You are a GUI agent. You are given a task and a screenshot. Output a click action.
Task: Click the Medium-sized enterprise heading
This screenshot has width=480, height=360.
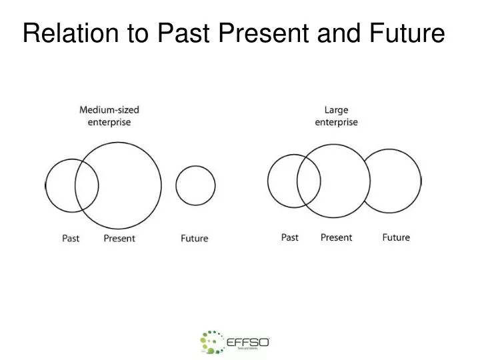pyautogui.click(x=109, y=115)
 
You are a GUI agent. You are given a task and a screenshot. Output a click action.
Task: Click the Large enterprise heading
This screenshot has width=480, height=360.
pyautogui.click(x=336, y=116)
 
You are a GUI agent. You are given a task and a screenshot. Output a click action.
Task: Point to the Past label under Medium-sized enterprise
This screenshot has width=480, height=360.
pyautogui.click(x=71, y=238)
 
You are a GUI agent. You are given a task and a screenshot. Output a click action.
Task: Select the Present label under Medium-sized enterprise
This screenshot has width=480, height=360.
pyautogui.click(x=119, y=238)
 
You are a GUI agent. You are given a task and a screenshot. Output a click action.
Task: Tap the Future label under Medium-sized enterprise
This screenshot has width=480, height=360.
pyautogui.click(x=195, y=238)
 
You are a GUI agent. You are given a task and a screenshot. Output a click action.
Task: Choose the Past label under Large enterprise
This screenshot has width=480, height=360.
pyautogui.click(x=290, y=237)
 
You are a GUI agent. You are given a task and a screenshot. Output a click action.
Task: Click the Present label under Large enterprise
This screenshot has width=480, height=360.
pyautogui.click(x=336, y=237)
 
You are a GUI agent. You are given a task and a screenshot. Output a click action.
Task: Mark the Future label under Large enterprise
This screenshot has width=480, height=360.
pyautogui.click(x=396, y=237)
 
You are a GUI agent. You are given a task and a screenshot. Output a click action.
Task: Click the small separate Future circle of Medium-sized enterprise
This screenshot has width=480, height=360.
pyautogui.click(x=195, y=185)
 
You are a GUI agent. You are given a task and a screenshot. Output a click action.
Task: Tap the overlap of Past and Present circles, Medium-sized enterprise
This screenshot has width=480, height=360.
pyautogui.click(x=87, y=185)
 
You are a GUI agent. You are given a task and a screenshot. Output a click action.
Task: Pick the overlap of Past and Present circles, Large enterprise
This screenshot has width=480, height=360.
pyautogui.click(x=309, y=181)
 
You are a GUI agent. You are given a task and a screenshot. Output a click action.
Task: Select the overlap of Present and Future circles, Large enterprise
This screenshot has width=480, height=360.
pyautogui.click(x=366, y=181)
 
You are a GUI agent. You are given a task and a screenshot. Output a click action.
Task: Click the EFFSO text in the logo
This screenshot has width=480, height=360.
pyautogui.click(x=247, y=342)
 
